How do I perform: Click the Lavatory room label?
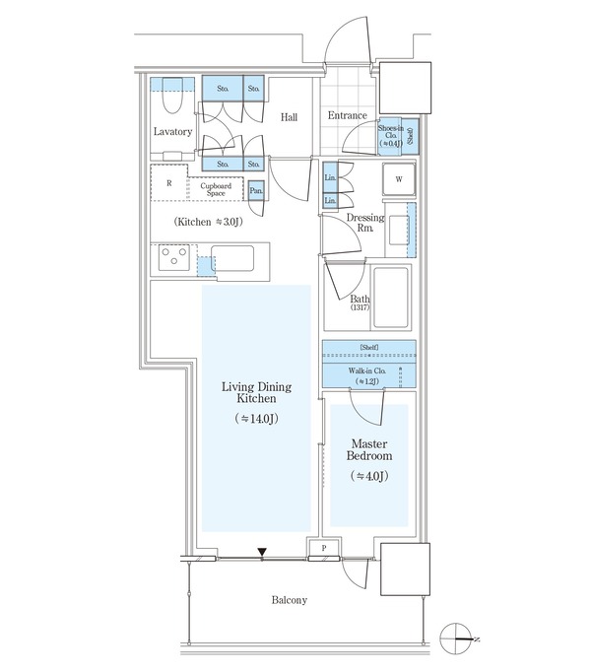point(172,132)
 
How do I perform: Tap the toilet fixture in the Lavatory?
point(172,96)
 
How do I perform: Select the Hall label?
point(289,117)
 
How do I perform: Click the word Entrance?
point(347,115)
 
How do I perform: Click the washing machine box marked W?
point(399,179)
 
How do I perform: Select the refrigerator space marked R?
point(169,183)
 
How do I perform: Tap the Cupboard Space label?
point(216,189)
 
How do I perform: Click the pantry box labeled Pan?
point(256,190)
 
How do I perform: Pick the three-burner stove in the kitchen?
point(174,257)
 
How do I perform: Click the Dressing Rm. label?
point(365,223)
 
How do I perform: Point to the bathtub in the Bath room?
point(390,298)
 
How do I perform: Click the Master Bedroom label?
point(369,449)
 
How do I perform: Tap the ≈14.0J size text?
point(257,419)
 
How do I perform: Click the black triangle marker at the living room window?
point(262,553)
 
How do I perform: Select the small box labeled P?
point(324,548)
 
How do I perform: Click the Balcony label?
point(290,600)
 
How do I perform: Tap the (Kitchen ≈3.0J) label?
point(208,222)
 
